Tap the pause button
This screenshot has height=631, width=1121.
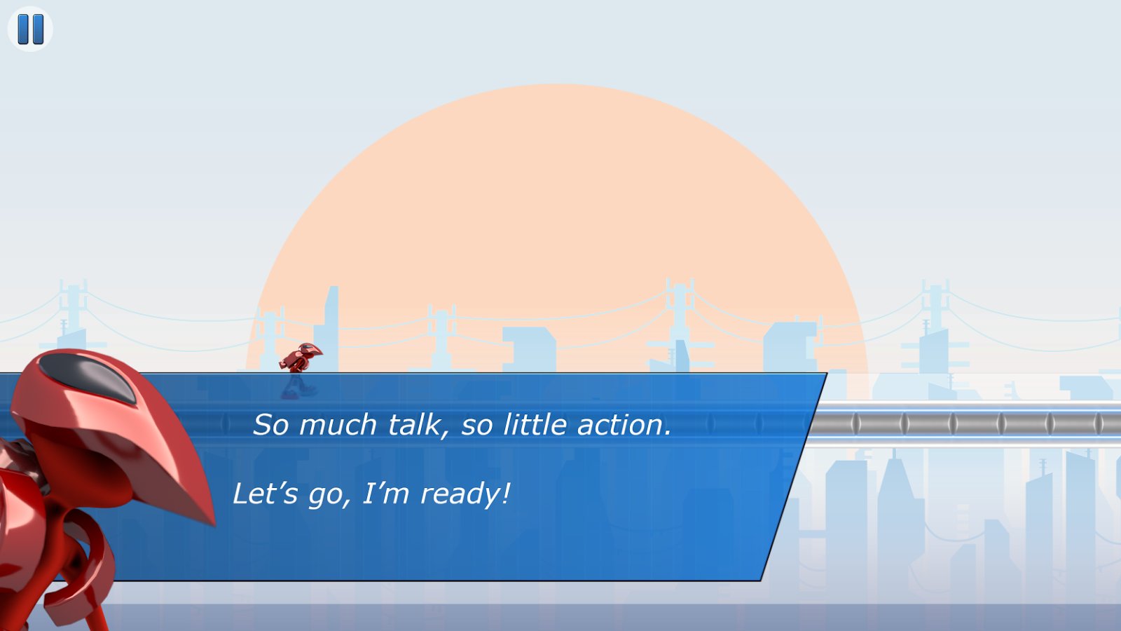pyautogui.click(x=30, y=29)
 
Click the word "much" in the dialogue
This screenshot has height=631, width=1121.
pyautogui.click(x=337, y=425)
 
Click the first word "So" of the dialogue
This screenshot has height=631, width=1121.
pyautogui.click(x=270, y=425)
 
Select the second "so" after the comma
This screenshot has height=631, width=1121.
pyautogui.click(x=476, y=427)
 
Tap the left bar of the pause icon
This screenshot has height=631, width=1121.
pyautogui.click(x=23, y=29)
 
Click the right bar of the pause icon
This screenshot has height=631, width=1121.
pyautogui.click(x=38, y=29)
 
